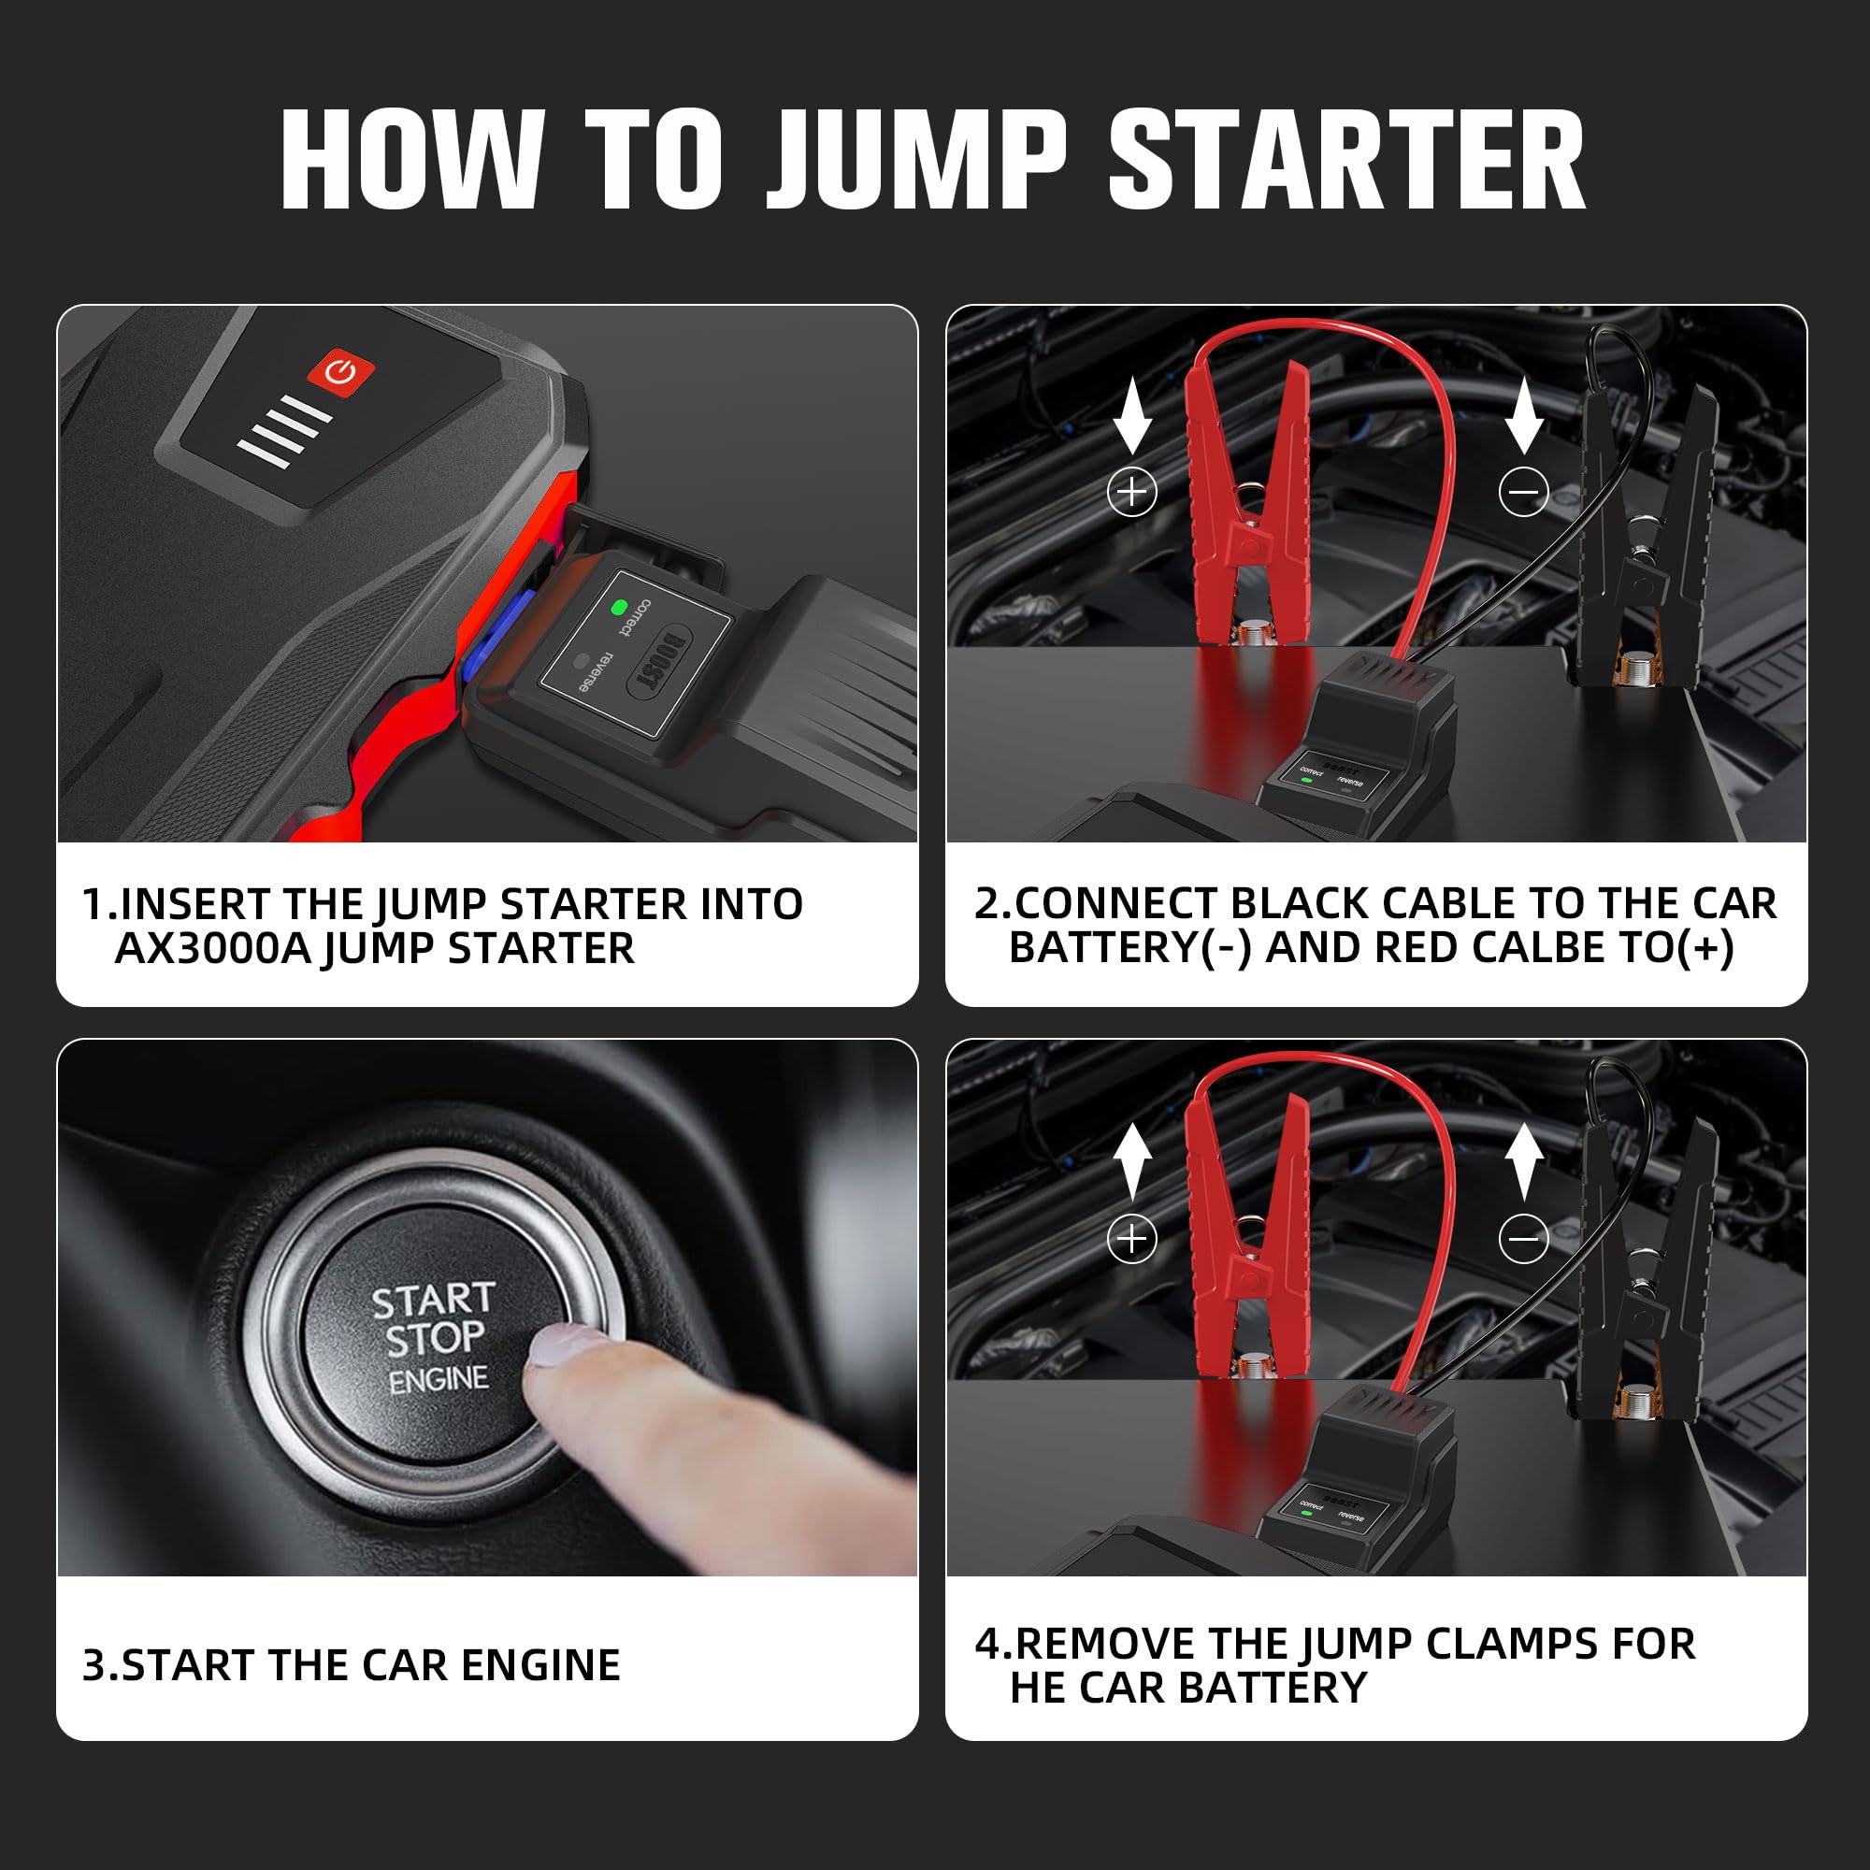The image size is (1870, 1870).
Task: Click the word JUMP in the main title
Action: [x=916, y=159]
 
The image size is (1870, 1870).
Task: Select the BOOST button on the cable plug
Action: [x=662, y=663]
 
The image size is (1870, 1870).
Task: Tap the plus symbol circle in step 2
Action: [x=1131, y=492]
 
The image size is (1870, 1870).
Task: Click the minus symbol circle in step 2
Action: [x=1523, y=492]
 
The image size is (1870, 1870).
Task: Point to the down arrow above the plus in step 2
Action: [x=1131, y=416]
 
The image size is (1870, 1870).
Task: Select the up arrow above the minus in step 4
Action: [x=1523, y=1161]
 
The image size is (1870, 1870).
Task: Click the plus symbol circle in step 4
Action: [x=1131, y=1238]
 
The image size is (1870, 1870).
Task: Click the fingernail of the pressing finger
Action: [x=569, y=1345]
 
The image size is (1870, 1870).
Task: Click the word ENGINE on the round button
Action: [x=439, y=1379]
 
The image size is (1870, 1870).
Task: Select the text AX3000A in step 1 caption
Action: [x=213, y=948]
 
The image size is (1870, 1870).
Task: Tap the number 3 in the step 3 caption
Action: [x=93, y=1665]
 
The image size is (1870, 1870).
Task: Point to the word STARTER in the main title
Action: [x=1346, y=159]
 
